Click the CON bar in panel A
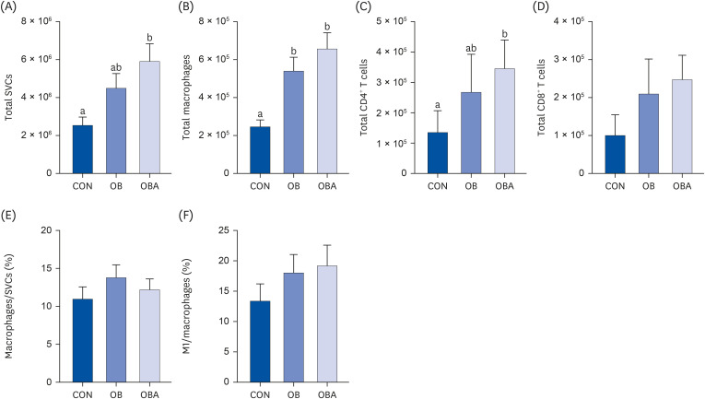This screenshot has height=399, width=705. pyautogui.click(x=83, y=149)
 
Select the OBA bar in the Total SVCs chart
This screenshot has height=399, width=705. pyautogui.click(x=149, y=117)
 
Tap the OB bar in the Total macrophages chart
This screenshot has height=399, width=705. pyautogui.click(x=294, y=123)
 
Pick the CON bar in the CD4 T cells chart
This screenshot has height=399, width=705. pyautogui.click(x=438, y=153)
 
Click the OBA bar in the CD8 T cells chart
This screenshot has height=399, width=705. pyautogui.click(x=682, y=126)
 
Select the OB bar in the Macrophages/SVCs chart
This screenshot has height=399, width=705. pyautogui.click(x=116, y=330)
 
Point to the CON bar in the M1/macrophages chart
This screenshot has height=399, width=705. pyautogui.click(x=260, y=342)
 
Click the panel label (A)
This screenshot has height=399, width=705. pyautogui.click(x=8, y=7)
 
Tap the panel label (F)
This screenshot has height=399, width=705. pyautogui.click(x=185, y=216)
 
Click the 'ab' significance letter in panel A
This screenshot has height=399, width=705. pyautogui.click(x=116, y=68)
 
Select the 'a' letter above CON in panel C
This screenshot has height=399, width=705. pyautogui.click(x=438, y=106)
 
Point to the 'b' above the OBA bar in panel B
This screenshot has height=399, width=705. pyautogui.click(x=327, y=27)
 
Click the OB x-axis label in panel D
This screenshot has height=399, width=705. pyautogui.click(x=649, y=185)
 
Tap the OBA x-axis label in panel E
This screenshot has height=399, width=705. pyautogui.click(x=149, y=395)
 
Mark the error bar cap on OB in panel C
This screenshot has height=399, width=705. pyautogui.click(x=471, y=54)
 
